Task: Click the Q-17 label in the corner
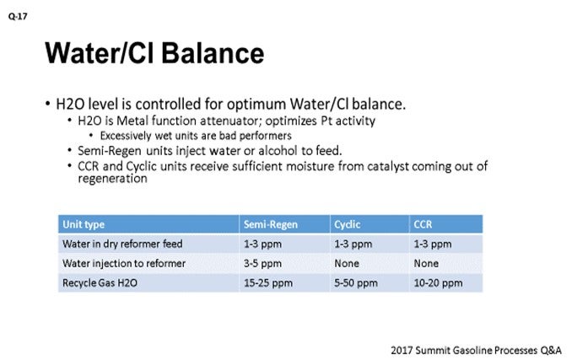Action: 18,17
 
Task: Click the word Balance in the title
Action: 213,53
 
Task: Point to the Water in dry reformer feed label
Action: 122,244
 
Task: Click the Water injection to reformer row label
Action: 124,263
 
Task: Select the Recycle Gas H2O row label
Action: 100,282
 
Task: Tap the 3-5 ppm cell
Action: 262,263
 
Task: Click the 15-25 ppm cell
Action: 268,282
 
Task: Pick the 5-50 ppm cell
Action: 356,282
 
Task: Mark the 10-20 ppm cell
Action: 438,282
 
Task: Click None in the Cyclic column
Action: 347,263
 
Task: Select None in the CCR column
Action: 426,263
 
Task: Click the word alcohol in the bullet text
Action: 278,151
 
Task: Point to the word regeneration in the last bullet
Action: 112,179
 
